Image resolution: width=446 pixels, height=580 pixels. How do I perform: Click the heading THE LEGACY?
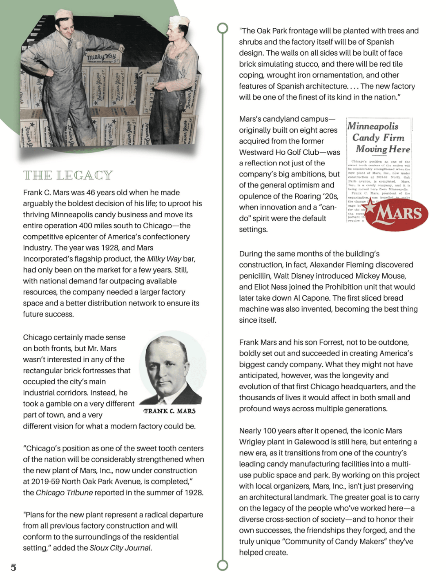[68, 175]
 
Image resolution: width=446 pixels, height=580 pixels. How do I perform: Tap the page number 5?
[13, 567]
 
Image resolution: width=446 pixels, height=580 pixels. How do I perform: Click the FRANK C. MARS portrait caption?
[169, 411]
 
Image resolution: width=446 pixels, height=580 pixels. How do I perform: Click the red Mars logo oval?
[397, 214]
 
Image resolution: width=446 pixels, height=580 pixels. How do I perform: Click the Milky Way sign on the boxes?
[101, 57]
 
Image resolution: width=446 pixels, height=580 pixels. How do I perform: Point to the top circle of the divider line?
[223, 28]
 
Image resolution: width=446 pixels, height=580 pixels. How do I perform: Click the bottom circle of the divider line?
[223, 565]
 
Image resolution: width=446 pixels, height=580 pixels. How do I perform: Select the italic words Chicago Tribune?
[64, 493]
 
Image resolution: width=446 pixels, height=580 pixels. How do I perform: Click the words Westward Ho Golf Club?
[279, 152]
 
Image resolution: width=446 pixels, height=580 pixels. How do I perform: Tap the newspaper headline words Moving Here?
[383, 149]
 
